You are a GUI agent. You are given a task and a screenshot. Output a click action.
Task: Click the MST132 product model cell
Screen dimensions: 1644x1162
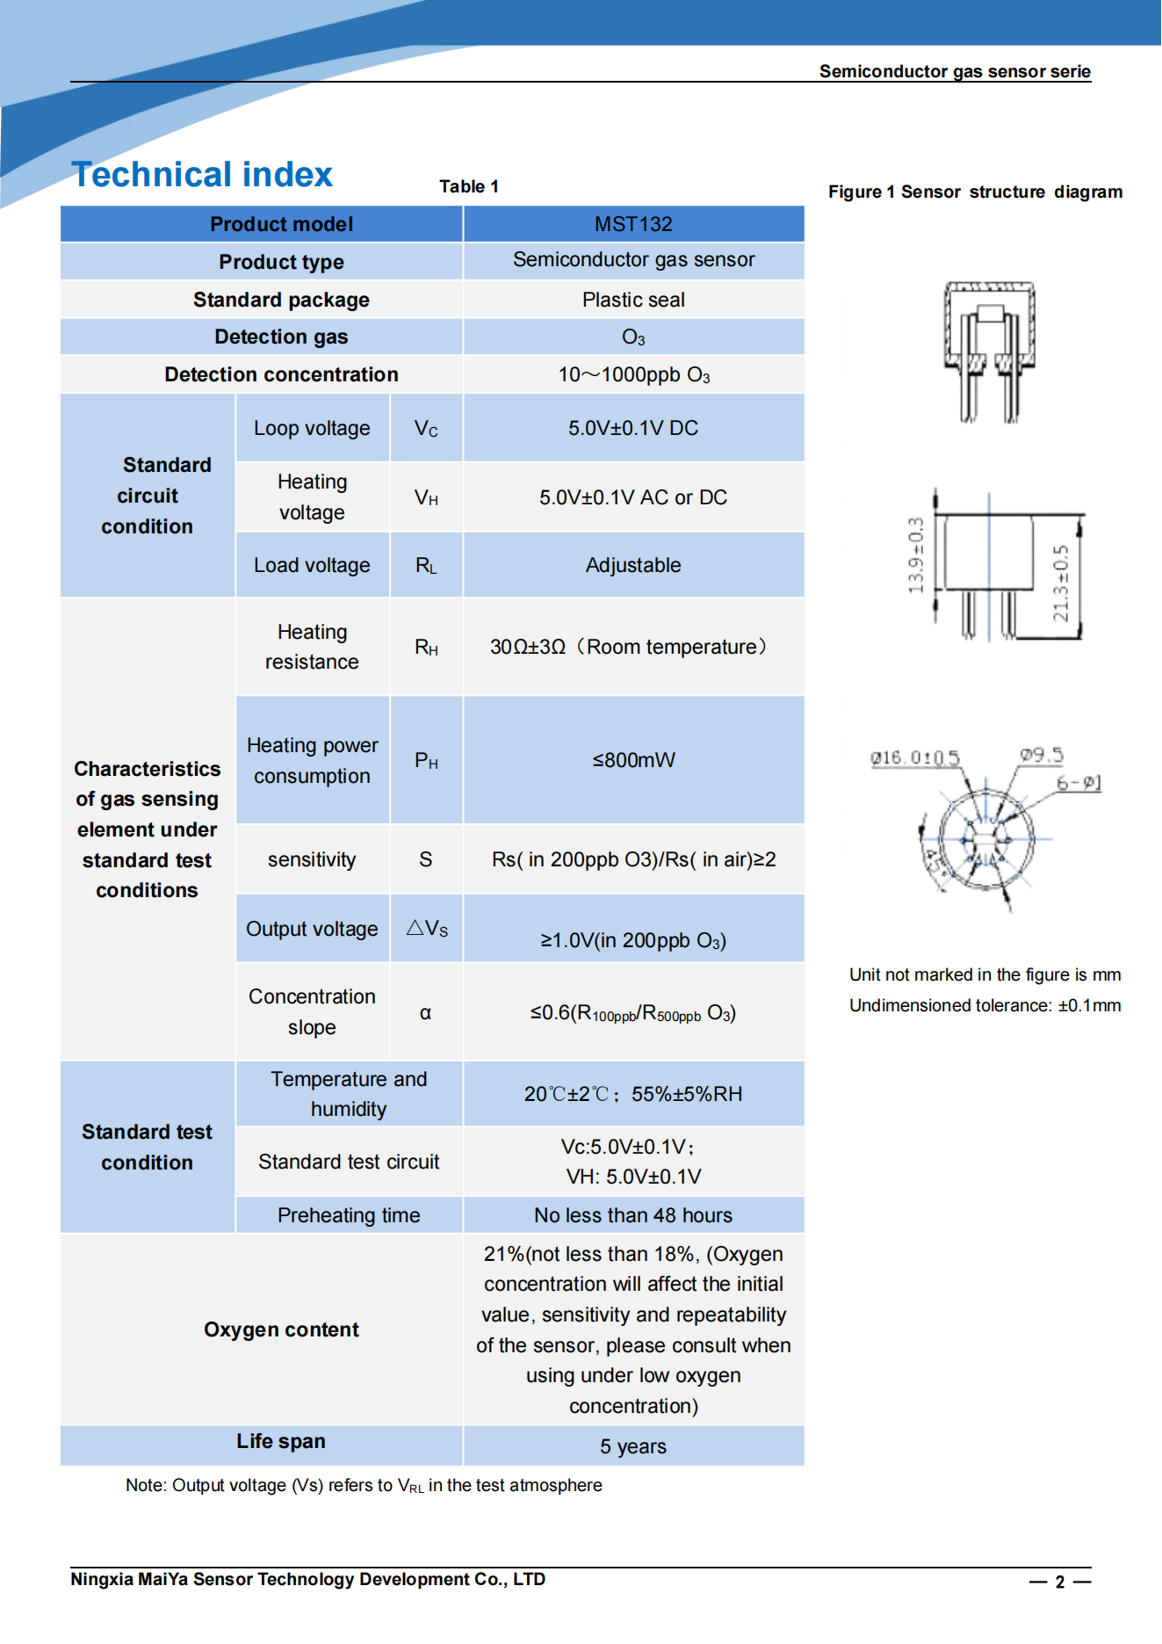pyautogui.click(x=632, y=224)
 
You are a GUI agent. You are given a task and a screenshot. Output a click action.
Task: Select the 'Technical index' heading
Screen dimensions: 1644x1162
pyautogui.click(x=202, y=175)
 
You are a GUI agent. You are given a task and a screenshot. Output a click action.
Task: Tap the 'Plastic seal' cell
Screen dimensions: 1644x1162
pyautogui.click(x=632, y=300)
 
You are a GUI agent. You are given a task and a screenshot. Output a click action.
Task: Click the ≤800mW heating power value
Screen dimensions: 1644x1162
pyautogui.click(x=633, y=760)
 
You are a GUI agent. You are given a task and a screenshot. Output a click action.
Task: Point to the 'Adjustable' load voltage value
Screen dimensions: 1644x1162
pyautogui.click(x=632, y=565)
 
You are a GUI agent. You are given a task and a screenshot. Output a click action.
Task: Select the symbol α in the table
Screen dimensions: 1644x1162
pyautogui.click(x=425, y=1013)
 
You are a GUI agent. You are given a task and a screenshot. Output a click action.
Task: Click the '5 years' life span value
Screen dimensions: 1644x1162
pyautogui.click(x=632, y=1446)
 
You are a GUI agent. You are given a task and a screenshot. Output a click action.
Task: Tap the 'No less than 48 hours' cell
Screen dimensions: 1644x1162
pyautogui.click(x=632, y=1215)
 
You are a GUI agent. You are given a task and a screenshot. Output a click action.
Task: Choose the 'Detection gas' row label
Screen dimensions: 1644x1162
pyautogui.click(x=281, y=337)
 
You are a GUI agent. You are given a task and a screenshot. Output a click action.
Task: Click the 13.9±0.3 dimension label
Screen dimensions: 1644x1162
pyautogui.click(x=916, y=555)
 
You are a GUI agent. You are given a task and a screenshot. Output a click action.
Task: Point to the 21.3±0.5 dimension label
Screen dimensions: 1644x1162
pyautogui.click(x=1061, y=583)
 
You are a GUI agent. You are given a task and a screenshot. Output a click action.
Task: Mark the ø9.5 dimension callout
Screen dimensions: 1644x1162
pyautogui.click(x=1041, y=755)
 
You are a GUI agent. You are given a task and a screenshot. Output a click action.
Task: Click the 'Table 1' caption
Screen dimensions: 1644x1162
pyautogui.click(x=469, y=186)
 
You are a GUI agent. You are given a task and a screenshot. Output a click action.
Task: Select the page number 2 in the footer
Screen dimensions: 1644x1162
pyautogui.click(x=1060, y=1582)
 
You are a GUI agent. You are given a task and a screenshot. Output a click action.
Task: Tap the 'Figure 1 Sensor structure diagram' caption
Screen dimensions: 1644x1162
pyautogui.click(x=975, y=192)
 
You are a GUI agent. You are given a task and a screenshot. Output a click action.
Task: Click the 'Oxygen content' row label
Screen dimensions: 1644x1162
pyautogui.click(x=281, y=1329)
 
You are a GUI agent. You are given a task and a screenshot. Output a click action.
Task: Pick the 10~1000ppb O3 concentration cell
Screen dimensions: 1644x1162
pyautogui.click(x=633, y=375)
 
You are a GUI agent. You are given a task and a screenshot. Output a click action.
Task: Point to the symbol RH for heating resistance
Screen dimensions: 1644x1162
pyautogui.click(x=426, y=648)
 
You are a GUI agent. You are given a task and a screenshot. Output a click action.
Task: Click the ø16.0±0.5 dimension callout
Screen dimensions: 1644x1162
pyautogui.click(x=914, y=757)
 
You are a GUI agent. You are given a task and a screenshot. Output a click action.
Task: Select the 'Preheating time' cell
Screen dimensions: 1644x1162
pyautogui.click(x=349, y=1215)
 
